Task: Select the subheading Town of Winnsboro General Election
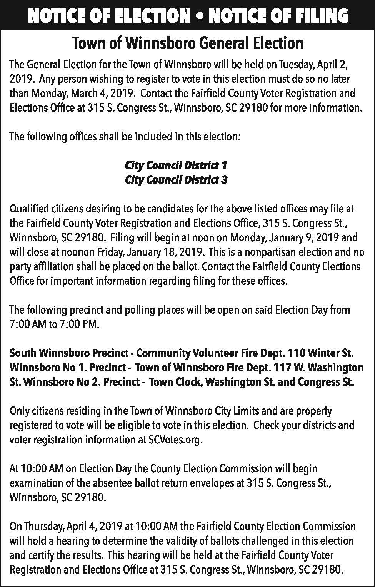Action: tap(188, 43)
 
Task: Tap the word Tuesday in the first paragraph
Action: tap(296, 64)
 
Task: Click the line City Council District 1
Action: tap(176, 166)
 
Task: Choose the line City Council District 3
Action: tap(176, 180)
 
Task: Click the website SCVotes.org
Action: tap(175, 440)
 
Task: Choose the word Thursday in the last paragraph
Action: tap(44, 526)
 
